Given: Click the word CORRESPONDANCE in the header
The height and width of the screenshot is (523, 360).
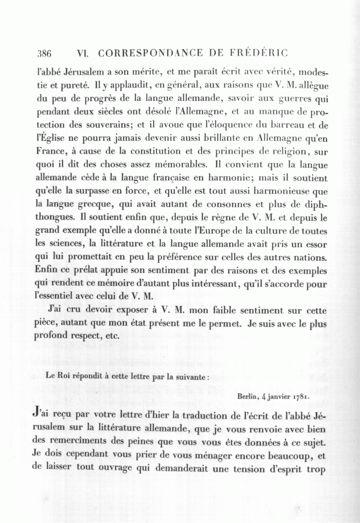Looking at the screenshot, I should [x=153, y=53].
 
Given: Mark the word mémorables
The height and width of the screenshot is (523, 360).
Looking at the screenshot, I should [x=178, y=165].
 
